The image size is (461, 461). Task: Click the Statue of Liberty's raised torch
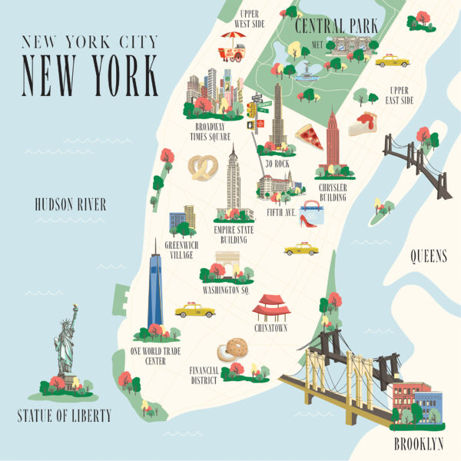[75, 308]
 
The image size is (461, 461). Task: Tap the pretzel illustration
[203, 167]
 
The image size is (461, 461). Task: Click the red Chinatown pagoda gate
[271, 306]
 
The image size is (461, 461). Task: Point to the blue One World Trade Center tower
[155, 288]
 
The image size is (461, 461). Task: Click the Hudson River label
[70, 204]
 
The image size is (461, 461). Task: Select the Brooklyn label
[418, 443]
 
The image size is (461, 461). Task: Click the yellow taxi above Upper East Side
[392, 61]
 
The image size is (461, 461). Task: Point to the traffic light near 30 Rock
[252, 110]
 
